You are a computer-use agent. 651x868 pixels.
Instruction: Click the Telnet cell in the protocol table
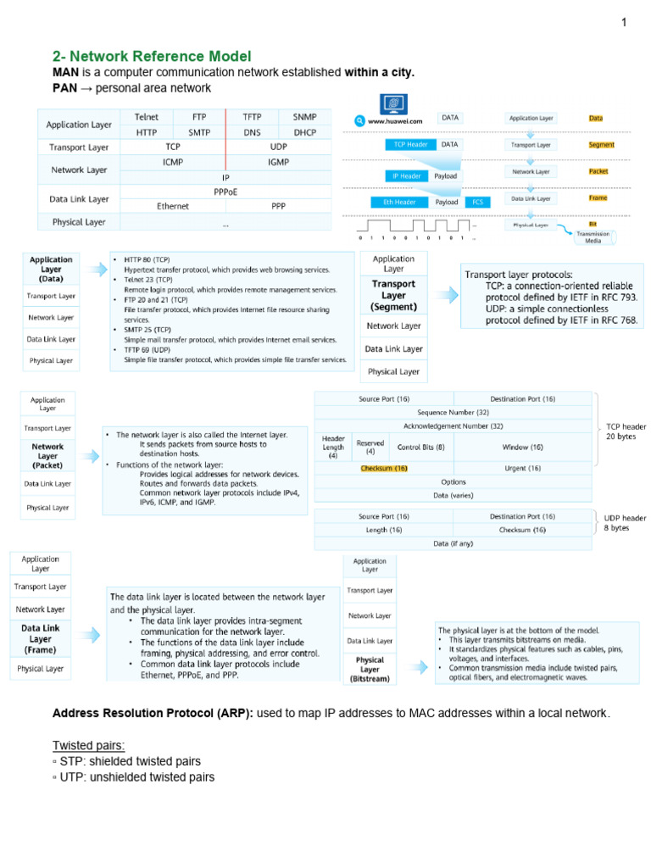[x=146, y=116]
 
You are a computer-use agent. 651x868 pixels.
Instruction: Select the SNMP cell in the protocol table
[x=304, y=116]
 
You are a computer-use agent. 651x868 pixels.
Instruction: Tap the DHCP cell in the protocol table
[x=304, y=132]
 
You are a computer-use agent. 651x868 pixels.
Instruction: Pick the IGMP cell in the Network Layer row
[x=278, y=161]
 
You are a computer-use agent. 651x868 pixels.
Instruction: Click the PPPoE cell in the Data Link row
[x=225, y=192]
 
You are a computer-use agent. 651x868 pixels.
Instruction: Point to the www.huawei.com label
[x=395, y=121]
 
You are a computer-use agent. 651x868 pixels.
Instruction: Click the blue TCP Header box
[x=411, y=144]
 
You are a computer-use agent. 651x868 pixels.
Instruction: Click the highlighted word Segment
[x=601, y=145]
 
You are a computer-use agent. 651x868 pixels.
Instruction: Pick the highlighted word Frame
[x=598, y=197]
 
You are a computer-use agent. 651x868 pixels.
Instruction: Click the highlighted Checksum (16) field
[x=384, y=468]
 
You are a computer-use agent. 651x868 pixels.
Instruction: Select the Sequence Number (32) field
[x=454, y=412]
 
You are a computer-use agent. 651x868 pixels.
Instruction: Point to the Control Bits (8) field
[x=420, y=447]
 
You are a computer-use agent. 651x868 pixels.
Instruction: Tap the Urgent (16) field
[x=522, y=468]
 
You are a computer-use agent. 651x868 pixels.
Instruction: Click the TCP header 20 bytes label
[x=626, y=431]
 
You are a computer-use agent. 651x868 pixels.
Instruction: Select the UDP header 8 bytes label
[x=625, y=522]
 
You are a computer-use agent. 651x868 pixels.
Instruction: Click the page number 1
[x=624, y=23]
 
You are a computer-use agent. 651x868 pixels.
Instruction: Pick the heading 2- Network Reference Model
[x=153, y=56]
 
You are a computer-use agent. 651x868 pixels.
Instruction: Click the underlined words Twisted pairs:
[x=89, y=745]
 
